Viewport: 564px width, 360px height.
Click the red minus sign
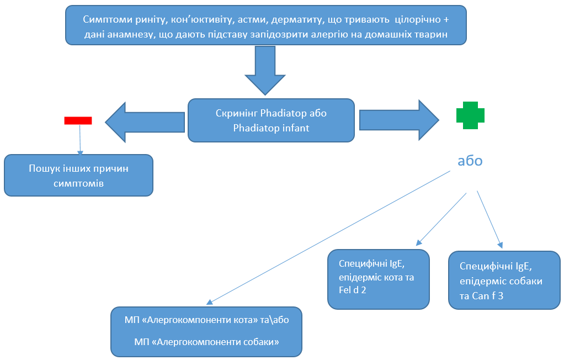(x=78, y=120)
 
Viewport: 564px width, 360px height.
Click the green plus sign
(x=470, y=115)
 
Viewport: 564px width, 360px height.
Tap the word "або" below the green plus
(x=470, y=161)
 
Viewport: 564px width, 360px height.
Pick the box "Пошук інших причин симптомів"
(x=78, y=175)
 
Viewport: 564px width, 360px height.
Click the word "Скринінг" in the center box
(x=237, y=113)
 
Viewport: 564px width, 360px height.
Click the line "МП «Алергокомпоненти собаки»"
(x=207, y=342)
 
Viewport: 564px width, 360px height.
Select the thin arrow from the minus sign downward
(x=81, y=139)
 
